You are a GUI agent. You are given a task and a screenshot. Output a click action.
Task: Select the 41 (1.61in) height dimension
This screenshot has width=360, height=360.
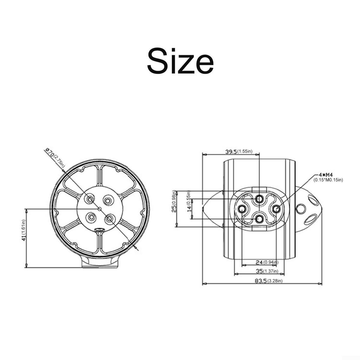click(x=24, y=230)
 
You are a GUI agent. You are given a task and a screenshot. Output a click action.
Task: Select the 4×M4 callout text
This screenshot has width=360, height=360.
click(x=326, y=174)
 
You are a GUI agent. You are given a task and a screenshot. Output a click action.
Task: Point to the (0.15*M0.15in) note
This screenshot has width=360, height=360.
click(x=328, y=180)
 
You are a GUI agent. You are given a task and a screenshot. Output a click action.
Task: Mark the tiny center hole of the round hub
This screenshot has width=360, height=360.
click(x=100, y=209)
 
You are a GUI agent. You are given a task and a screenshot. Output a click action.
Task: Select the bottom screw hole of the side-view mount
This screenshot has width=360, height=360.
click(x=259, y=219)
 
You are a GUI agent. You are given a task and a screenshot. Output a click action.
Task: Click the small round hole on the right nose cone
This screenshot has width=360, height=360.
click(x=301, y=209)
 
